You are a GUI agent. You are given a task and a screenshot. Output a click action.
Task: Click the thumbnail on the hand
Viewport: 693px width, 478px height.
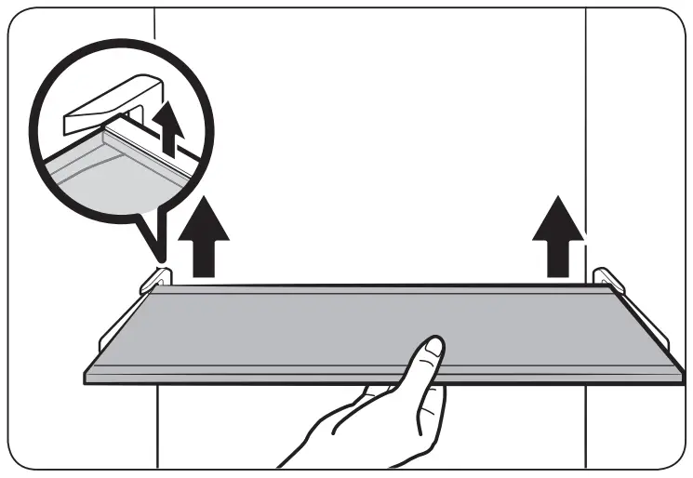[x=432, y=351]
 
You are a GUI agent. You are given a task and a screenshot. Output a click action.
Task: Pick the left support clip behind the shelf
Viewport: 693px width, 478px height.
[x=157, y=278]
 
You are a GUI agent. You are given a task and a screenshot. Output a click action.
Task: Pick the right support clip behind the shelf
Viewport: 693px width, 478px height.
[x=606, y=278]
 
